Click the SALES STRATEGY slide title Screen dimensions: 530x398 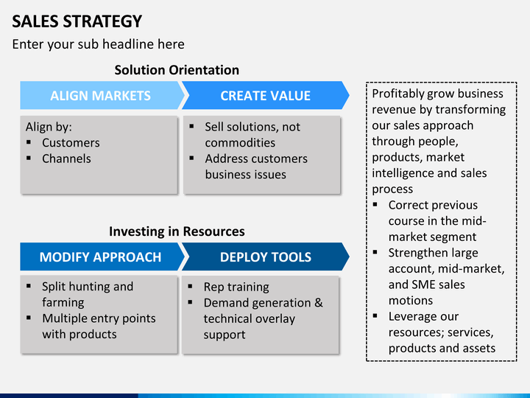tap(77, 21)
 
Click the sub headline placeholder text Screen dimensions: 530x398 tap(99, 44)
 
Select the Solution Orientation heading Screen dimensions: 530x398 tap(177, 70)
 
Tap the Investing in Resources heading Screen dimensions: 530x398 tap(177, 231)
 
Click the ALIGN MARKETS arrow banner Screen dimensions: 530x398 tap(101, 95)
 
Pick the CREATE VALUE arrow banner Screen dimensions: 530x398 tap(265, 95)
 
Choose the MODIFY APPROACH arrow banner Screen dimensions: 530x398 tap(101, 257)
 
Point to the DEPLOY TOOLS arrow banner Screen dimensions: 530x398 tap(265, 257)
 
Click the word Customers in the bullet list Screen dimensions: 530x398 tap(71, 143)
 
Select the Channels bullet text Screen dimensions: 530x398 tap(66, 158)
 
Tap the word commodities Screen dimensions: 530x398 tap(240, 143)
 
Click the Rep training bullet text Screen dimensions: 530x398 tap(236, 287)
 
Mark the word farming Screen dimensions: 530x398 tap(63, 303)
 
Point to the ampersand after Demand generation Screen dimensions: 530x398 tap(319, 303)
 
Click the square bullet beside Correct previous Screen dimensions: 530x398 tap(375, 204)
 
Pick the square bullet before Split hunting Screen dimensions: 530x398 tap(29, 286)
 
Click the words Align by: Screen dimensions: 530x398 tap(49, 128)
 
